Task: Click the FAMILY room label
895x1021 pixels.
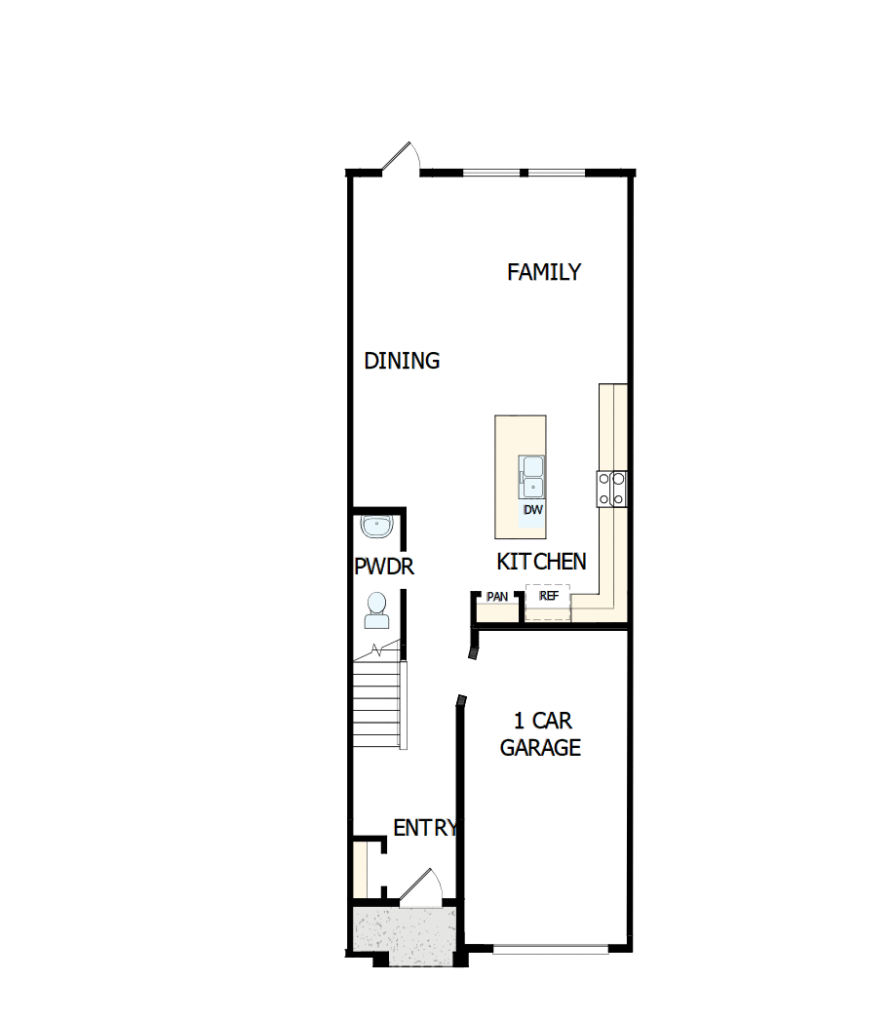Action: coord(544,272)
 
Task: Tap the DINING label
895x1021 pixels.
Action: coord(402,361)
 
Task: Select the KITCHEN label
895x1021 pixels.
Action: coord(541,562)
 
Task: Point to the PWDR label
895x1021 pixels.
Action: coord(384,567)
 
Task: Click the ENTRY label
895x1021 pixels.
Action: coord(424,828)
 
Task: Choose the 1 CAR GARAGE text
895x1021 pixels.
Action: coord(540,734)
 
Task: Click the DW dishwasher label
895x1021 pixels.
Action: coord(532,510)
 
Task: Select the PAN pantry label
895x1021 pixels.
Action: coord(497,596)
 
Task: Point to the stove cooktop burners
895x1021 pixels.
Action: coord(611,488)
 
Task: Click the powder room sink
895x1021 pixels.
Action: coord(375,527)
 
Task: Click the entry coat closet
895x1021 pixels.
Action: coord(361,867)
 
